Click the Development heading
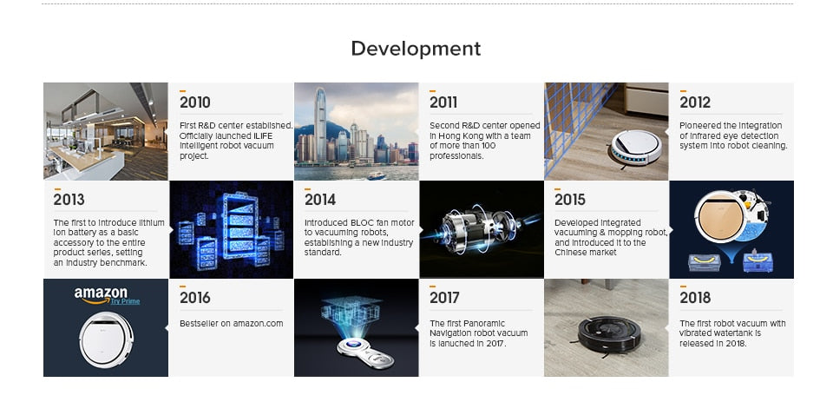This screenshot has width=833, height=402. [x=416, y=49]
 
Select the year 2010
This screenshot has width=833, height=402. [x=195, y=102]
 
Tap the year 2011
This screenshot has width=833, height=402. [x=443, y=102]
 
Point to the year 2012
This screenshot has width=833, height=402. [x=695, y=102]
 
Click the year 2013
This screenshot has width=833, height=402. [x=69, y=200]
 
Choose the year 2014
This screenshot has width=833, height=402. [x=320, y=200]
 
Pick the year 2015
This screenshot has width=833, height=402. [x=570, y=200]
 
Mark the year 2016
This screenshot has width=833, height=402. [x=195, y=298]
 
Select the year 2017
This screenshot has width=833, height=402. [x=444, y=298]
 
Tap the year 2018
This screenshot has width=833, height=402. [x=695, y=298]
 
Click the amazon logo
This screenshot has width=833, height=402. [x=101, y=295]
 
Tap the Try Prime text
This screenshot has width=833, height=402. [x=125, y=301]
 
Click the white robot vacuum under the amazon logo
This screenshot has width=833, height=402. [x=106, y=339]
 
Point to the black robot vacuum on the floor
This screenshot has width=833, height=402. [x=609, y=334]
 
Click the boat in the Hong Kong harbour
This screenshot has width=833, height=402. [x=377, y=175]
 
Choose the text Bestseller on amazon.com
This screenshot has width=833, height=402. [x=231, y=323]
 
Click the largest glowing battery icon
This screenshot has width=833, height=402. [x=240, y=226]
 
